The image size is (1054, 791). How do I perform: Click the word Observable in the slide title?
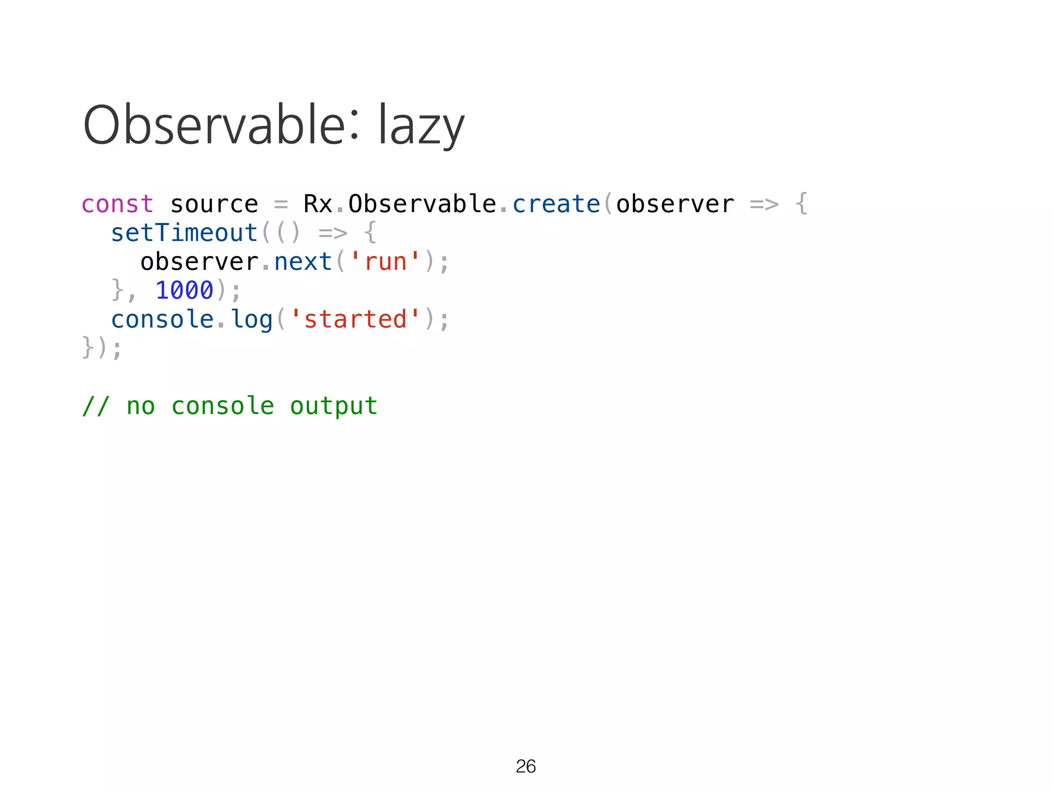point(214,125)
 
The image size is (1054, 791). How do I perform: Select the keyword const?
point(117,204)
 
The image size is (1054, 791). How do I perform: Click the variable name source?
point(214,204)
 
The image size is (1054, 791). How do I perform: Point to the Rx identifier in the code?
point(318,204)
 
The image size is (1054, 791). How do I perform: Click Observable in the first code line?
point(422,204)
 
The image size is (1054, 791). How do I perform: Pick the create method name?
point(556,204)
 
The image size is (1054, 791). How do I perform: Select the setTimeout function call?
point(184,233)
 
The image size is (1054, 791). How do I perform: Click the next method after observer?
point(303,262)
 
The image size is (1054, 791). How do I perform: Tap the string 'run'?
point(385,262)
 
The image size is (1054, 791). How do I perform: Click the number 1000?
point(184,290)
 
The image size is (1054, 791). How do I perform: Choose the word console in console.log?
point(162,319)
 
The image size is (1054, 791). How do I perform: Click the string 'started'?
point(355,319)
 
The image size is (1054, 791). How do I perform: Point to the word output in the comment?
point(333,406)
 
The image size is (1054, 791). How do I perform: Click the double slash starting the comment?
point(96,406)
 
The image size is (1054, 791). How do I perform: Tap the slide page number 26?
point(525,766)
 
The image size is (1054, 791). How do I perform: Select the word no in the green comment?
point(140,406)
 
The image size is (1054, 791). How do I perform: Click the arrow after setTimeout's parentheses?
point(332,233)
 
